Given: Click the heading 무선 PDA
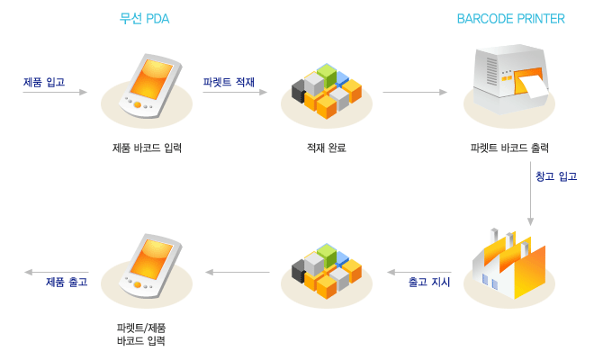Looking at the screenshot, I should [x=144, y=18].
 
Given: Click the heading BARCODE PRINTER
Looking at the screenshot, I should [x=510, y=18].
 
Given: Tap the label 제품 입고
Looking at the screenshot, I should [x=44, y=82].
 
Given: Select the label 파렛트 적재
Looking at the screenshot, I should [x=229, y=82].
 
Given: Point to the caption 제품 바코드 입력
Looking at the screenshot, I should [x=147, y=148].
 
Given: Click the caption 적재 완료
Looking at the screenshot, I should [x=327, y=148].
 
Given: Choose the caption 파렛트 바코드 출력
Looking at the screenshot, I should [x=509, y=148].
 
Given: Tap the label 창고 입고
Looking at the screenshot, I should [x=556, y=176].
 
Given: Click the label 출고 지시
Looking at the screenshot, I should [x=429, y=283].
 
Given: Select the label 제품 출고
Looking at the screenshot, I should [x=67, y=282].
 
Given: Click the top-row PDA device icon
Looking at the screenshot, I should [x=147, y=87].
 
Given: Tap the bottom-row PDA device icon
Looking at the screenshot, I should [x=147, y=267].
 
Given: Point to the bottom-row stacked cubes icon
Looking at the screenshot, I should [x=326, y=270].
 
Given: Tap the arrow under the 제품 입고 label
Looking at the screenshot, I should [x=54, y=92].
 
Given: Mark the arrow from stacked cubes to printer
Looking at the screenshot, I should [x=415, y=92].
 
